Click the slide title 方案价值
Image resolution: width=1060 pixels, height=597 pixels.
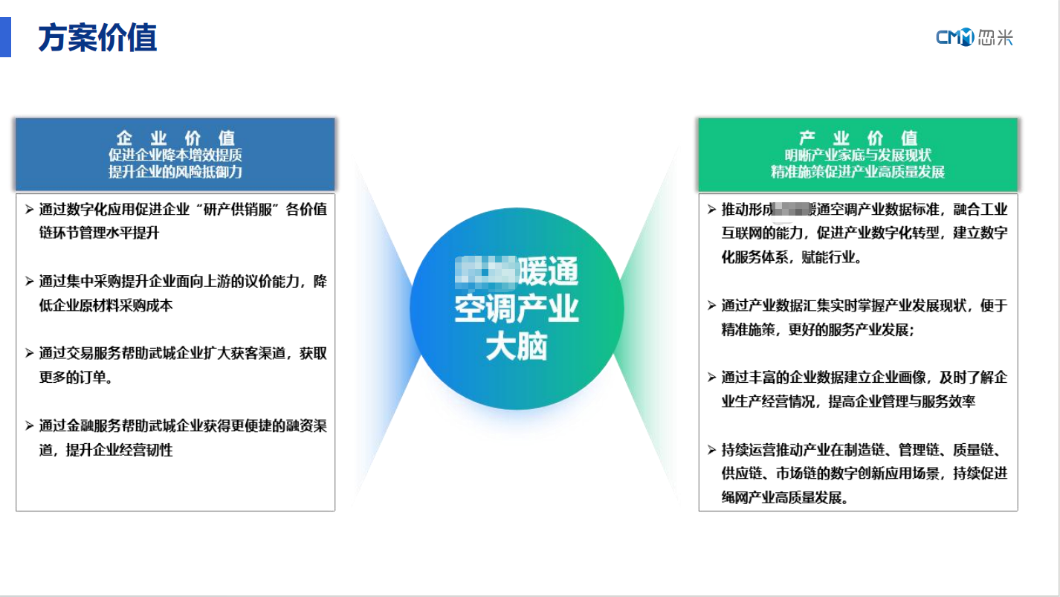coord(97,37)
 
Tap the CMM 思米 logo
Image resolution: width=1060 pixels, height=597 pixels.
coord(975,37)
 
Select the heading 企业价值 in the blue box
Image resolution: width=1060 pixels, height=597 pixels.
coord(175,138)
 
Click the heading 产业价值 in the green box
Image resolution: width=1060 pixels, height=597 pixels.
coord(858,138)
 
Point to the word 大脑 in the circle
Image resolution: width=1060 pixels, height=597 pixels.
coord(517,347)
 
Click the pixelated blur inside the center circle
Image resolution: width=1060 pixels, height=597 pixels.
coord(485,272)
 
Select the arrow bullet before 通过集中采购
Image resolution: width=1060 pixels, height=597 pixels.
coord(28,282)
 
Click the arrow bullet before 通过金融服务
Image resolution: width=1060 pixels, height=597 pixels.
coord(28,426)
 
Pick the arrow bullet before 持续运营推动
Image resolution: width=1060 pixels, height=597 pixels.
coord(711,450)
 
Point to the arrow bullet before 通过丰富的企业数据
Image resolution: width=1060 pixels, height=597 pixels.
coord(711,378)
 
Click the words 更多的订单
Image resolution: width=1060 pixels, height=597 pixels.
coord(74,378)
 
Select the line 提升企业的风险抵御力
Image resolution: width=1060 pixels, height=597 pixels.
coord(175,172)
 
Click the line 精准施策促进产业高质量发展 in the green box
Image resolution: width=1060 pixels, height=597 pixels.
coord(858,172)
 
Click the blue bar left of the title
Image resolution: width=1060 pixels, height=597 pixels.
coord(5,37)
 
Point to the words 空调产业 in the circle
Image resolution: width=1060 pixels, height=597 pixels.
coord(517,310)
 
